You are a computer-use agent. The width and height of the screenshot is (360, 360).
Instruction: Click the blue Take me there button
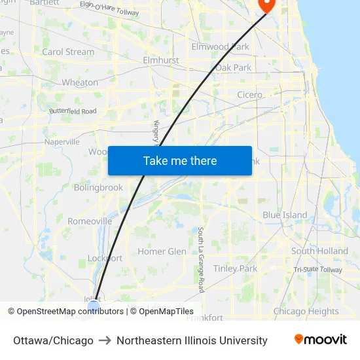point(180,160)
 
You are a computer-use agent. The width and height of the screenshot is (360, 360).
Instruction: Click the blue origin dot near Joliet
point(94,304)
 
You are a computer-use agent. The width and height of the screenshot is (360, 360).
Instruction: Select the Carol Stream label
point(68,52)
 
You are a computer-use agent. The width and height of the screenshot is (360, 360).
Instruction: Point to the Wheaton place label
point(80,82)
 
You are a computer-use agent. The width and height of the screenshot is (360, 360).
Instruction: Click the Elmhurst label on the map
point(160,60)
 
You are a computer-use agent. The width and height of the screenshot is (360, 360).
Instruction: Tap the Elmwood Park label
point(220,46)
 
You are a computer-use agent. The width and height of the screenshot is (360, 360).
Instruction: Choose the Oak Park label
point(233,67)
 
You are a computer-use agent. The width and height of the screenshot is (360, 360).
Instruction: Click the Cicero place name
point(249,95)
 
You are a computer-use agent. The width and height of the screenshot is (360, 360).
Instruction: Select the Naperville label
point(62,141)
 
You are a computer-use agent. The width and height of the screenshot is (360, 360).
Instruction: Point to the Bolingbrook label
point(98,187)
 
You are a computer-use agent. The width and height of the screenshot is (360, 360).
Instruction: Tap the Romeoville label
point(90,221)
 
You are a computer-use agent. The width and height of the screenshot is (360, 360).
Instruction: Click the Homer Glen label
point(162,251)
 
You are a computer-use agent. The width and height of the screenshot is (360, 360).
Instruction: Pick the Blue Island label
point(285,215)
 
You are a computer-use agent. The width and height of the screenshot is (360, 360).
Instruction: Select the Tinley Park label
point(235,268)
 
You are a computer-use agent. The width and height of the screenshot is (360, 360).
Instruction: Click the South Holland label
point(319,251)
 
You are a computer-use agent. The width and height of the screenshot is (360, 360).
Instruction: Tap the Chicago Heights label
point(306,312)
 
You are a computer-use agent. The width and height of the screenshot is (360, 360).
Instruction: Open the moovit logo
point(320,340)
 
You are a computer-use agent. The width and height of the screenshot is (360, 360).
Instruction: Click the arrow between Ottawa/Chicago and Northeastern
point(105,340)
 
